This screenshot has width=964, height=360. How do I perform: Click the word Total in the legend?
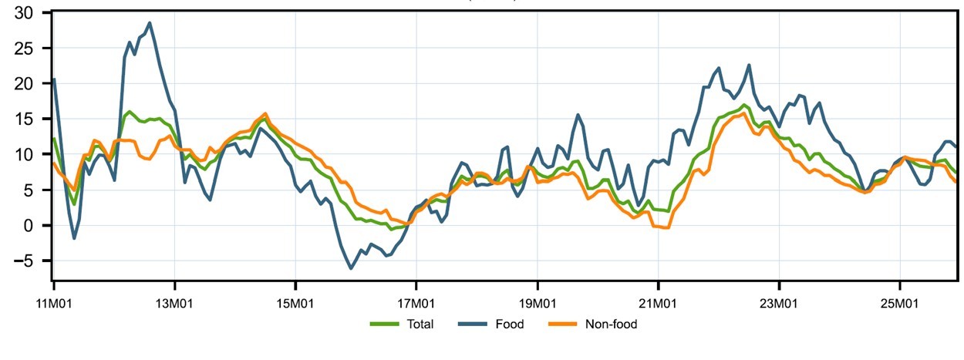(420, 325)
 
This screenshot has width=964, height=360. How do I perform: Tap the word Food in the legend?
(509, 325)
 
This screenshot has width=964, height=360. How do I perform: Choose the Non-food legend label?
(610, 325)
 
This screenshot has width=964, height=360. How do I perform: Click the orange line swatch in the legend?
(562, 325)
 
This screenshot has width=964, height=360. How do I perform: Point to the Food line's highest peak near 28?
(150, 23)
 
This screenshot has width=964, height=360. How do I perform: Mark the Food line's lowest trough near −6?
(351, 268)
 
